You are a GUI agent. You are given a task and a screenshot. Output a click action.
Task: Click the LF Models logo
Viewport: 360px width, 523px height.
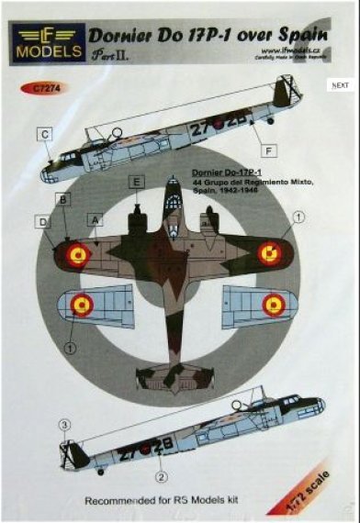coord(45,43)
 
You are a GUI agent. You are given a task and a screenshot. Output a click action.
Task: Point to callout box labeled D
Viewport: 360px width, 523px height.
coord(44,220)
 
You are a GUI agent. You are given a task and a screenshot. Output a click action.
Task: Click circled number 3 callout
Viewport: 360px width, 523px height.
coord(64,425)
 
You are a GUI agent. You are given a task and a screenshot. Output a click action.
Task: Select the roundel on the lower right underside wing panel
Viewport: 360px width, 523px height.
coord(274,303)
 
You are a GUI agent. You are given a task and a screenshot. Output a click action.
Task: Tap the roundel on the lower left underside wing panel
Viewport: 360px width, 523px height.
coord(81,304)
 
